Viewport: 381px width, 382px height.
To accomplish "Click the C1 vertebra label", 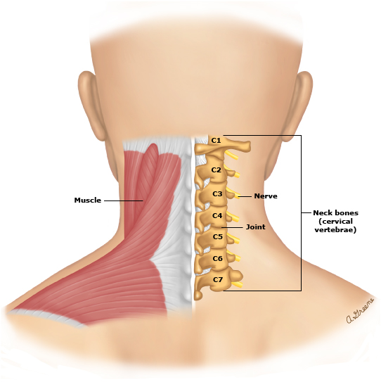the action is (216, 141).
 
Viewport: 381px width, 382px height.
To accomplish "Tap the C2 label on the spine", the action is (217, 170).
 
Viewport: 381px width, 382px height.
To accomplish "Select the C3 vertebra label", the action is (217, 193).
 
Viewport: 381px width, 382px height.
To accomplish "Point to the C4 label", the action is (217, 215).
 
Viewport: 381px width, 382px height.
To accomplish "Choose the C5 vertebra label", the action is (218, 236).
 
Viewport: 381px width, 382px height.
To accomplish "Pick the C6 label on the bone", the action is (218, 258).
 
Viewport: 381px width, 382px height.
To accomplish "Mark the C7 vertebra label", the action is (218, 279).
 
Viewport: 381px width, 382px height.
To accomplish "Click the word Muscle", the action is (88, 200).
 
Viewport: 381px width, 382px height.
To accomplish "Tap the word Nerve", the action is (266, 196).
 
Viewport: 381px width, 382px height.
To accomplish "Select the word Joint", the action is (256, 227).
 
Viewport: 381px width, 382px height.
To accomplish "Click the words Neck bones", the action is (336, 213).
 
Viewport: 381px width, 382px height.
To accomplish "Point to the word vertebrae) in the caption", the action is (335, 230).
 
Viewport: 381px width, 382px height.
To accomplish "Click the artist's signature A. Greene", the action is (361, 311).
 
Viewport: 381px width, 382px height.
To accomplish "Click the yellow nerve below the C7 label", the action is (238, 284).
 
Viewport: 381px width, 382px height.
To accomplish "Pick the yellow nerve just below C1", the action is (231, 155).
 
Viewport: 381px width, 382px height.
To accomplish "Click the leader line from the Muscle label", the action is (124, 200).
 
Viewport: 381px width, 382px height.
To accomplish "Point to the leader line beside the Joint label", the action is (232, 227).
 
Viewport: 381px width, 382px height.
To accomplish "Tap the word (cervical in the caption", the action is (336, 222).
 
